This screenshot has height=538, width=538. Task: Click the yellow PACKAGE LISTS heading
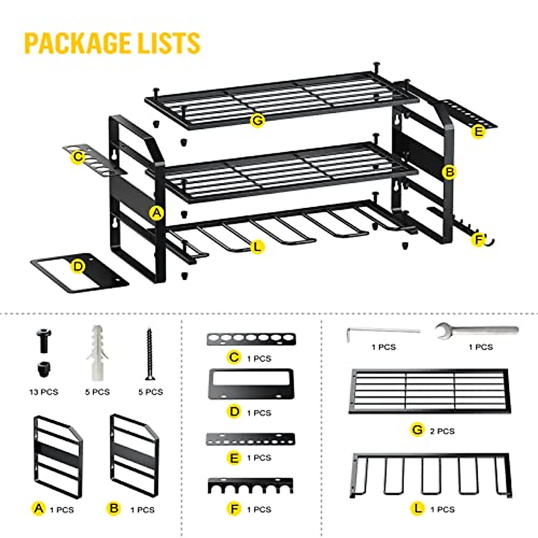pyautogui.click(x=112, y=43)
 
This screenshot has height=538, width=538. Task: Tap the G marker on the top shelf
pyautogui.click(x=257, y=120)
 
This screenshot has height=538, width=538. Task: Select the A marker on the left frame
pyautogui.click(x=156, y=213)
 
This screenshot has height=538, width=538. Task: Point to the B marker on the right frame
pyautogui.click(x=449, y=172)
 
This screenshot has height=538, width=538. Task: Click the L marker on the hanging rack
pyautogui.click(x=256, y=246)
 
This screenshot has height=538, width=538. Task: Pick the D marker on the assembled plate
pyautogui.click(x=78, y=266)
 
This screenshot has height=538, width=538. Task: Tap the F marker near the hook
pyautogui.click(x=478, y=240)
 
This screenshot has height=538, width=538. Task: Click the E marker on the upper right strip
pyautogui.click(x=479, y=131)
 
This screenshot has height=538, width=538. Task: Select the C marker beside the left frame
pyautogui.click(x=78, y=156)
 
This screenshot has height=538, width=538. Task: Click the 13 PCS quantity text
pyautogui.click(x=43, y=392)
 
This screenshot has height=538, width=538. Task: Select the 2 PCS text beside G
pyautogui.click(x=442, y=431)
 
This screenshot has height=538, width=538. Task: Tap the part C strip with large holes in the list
pyautogui.click(x=251, y=339)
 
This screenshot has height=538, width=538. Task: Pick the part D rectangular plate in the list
pyautogui.click(x=251, y=384)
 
